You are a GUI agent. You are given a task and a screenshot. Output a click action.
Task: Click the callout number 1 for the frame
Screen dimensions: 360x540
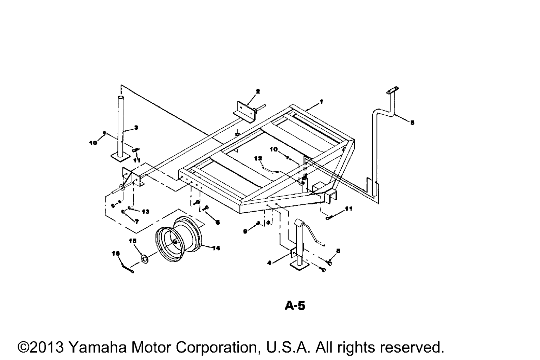(x=321, y=102)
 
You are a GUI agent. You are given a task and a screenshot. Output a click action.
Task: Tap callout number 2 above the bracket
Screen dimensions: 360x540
(x=258, y=91)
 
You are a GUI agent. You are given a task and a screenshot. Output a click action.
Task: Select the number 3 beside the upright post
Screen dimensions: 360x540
(x=136, y=128)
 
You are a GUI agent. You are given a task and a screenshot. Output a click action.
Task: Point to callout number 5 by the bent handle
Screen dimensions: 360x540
(x=412, y=122)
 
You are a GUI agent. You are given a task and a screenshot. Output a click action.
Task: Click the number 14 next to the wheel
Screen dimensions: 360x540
(x=216, y=248)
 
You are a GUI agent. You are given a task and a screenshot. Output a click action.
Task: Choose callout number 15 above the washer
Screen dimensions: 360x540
(x=132, y=241)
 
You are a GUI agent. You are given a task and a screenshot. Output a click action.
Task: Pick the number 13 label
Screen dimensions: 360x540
(x=145, y=212)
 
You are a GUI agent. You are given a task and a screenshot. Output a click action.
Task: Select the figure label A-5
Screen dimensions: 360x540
(x=295, y=306)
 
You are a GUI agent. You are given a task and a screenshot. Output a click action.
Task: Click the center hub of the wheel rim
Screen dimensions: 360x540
(x=174, y=242)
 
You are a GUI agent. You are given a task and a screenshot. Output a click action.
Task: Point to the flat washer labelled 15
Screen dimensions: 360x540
(x=144, y=259)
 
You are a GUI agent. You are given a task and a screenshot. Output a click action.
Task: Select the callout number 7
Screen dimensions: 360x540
(x=137, y=222)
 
